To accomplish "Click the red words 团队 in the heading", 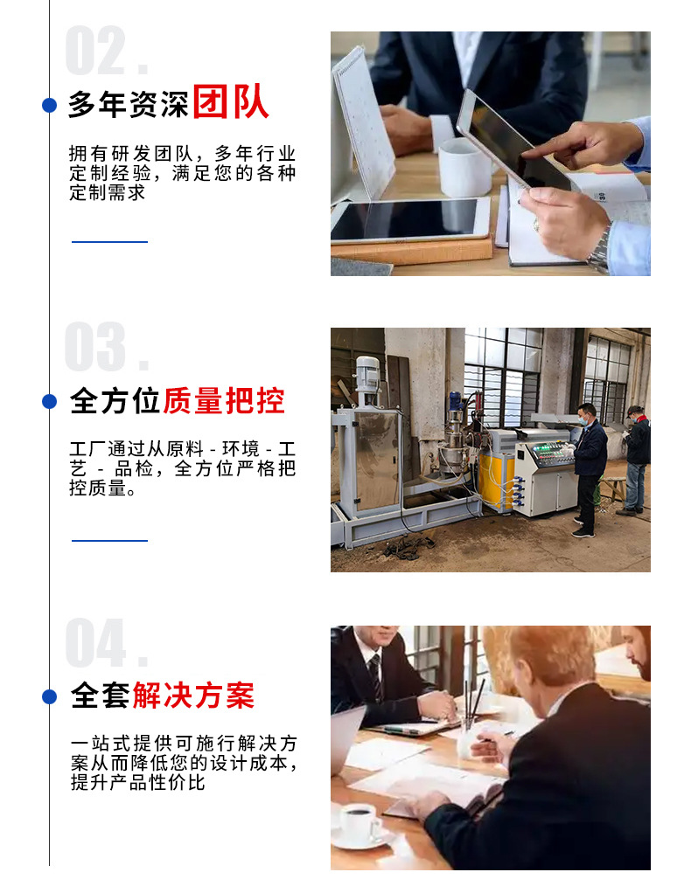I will pos(230,103).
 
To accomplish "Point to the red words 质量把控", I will pos(224,401).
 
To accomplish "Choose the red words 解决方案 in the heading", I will pos(193,696).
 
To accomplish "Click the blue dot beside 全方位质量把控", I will pos(50,401).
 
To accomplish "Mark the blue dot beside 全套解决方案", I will pos(50,696).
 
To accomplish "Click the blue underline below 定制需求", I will pos(109,241).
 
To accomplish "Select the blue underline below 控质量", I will pos(109,540).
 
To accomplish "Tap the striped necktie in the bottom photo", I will pos(375,676).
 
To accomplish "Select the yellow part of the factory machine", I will pos(496,481).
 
